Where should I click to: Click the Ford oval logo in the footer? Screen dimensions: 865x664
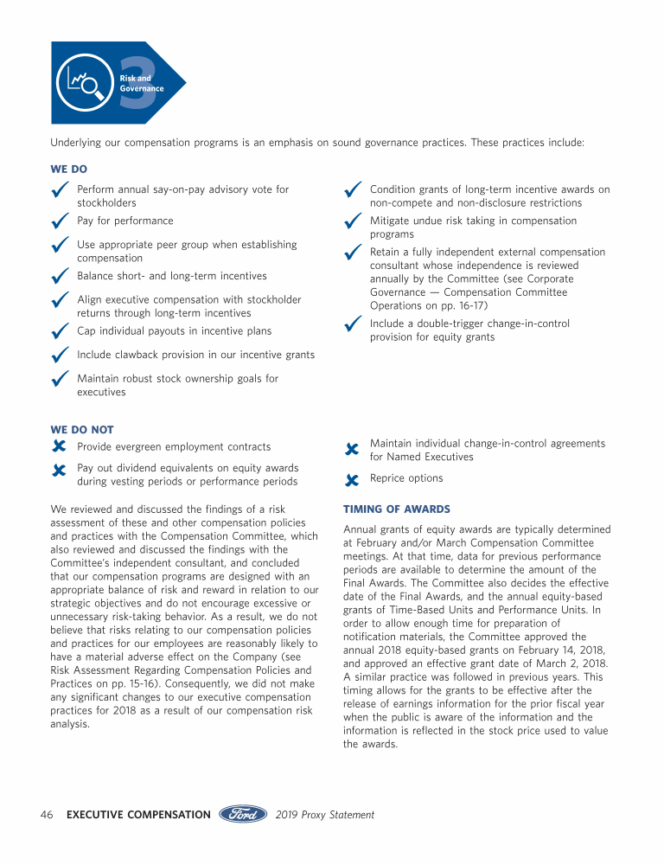[x=243, y=814]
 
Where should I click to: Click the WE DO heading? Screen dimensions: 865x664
[x=68, y=170]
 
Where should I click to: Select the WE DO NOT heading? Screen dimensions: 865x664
[x=82, y=429]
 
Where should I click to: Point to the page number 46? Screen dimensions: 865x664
[x=48, y=815]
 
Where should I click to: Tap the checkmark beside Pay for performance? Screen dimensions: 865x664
[x=60, y=223]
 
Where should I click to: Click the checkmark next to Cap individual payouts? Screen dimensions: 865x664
[x=60, y=333]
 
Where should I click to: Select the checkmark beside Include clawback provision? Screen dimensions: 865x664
[x=60, y=356]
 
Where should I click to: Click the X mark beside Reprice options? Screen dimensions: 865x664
[x=351, y=479]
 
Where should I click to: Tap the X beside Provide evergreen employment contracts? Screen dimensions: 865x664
[x=59, y=447]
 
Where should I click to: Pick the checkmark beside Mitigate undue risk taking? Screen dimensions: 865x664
[x=352, y=223]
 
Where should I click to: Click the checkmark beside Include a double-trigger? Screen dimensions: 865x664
[x=352, y=325]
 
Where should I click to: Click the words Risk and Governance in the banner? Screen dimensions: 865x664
[x=141, y=83]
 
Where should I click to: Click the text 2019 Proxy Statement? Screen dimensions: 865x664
[x=325, y=815]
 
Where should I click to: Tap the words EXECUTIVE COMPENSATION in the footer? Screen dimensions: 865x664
[x=138, y=815]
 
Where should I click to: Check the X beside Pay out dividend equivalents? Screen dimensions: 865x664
[x=59, y=471]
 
